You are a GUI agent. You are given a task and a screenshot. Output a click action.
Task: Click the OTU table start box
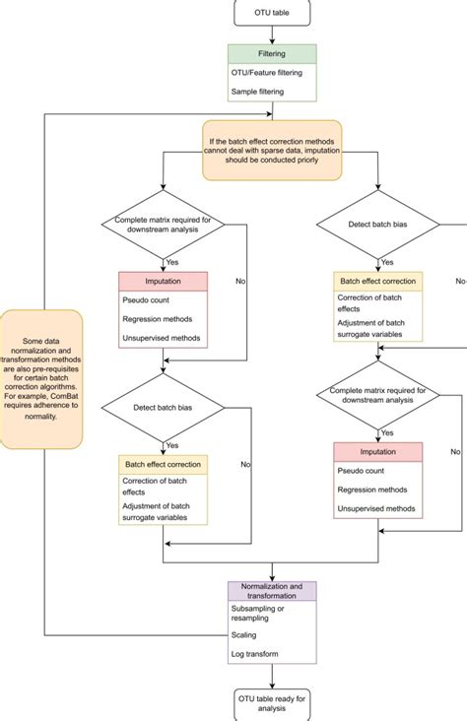[273, 13]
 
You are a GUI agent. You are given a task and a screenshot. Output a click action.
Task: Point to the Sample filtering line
[257, 91]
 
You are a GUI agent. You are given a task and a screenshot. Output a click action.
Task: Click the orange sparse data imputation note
[273, 151]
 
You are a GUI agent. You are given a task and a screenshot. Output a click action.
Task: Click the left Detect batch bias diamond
[161, 407]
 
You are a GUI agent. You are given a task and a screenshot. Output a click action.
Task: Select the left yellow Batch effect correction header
[163, 464]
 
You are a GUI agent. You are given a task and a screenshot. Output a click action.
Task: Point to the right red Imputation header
[378, 451]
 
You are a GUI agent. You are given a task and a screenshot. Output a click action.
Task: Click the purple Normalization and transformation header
[273, 590]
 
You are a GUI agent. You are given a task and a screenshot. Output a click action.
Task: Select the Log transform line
[255, 654]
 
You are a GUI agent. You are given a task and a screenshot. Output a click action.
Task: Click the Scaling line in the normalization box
[244, 635]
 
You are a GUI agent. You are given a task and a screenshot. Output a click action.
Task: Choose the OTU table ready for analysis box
[273, 702]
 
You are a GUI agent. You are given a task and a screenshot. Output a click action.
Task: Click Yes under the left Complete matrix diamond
[171, 262]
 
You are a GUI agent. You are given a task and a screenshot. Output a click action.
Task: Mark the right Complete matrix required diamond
[379, 396]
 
